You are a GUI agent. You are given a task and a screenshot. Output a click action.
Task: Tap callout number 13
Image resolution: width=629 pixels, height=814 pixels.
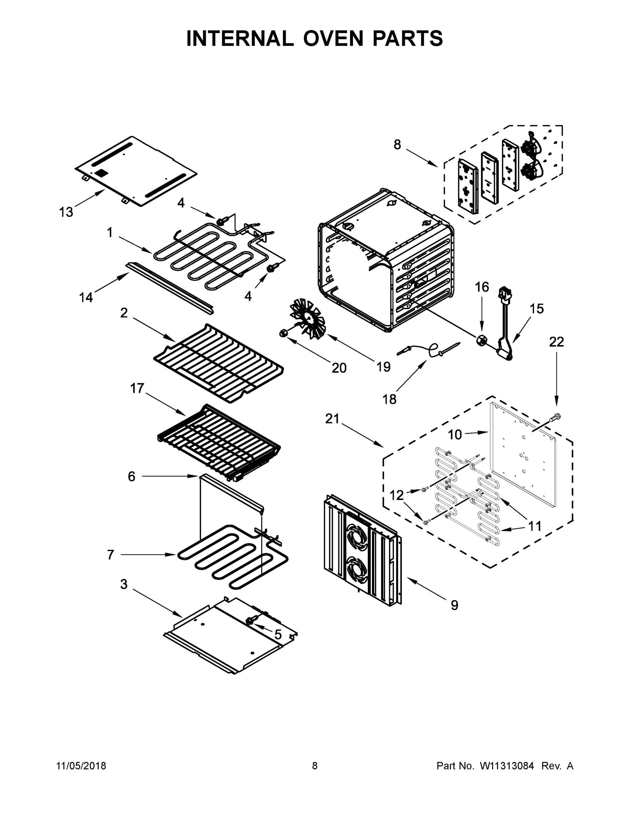tap(66, 212)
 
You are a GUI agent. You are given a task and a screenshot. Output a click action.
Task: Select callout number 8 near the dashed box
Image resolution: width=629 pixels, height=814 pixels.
tap(397, 144)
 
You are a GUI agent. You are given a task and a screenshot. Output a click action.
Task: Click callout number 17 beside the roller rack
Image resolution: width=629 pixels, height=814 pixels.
tap(137, 388)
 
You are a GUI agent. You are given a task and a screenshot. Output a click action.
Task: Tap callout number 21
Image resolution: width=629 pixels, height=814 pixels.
tap(332, 419)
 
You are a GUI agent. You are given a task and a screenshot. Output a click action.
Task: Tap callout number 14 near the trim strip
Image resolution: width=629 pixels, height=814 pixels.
tap(86, 297)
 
